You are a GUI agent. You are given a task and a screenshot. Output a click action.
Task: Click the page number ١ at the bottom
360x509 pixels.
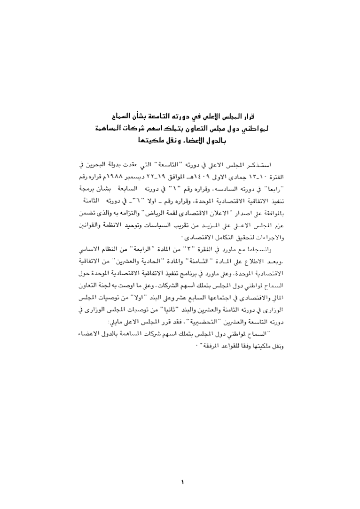coord(182,481)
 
